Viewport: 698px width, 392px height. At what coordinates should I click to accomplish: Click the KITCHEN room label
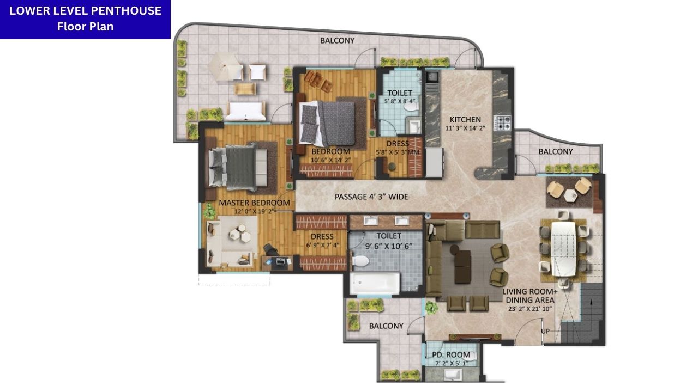click(465, 120)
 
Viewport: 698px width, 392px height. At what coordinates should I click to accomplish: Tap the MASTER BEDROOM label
click(254, 203)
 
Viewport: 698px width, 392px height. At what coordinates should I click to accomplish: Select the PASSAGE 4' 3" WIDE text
click(371, 197)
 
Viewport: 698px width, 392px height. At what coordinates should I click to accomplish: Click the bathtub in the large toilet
click(375, 283)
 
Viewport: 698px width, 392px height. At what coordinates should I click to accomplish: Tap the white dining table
click(563, 248)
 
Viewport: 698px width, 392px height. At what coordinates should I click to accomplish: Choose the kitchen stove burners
click(502, 122)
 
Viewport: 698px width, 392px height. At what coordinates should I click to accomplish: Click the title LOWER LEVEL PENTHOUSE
click(86, 11)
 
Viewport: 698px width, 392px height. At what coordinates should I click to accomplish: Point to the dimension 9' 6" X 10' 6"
click(389, 246)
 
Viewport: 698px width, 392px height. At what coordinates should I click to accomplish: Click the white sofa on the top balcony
click(246, 111)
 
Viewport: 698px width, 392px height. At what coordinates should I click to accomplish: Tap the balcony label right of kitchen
click(556, 151)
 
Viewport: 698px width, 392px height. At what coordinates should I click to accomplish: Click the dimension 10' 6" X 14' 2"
click(330, 160)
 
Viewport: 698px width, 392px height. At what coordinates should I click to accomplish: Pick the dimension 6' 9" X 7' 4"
click(322, 245)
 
